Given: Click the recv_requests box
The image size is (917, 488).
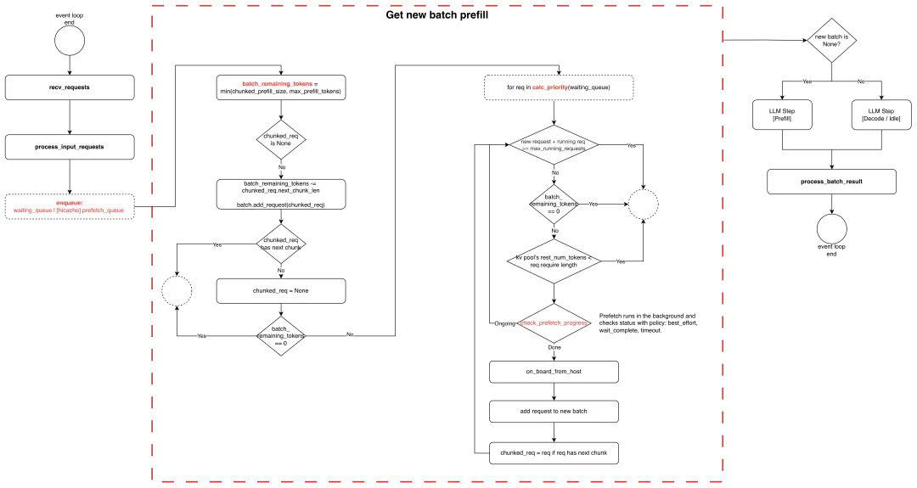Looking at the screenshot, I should pyautogui.click(x=70, y=87).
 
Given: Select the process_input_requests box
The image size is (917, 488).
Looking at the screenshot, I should pyautogui.click(x=70, y=147).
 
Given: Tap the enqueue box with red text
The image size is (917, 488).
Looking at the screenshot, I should pyautogui.click(x=70, y=207).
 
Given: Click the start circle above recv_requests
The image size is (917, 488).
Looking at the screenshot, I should pyautogui.click(x=70, y=40).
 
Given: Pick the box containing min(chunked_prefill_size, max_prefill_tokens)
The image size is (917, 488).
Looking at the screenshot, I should pyautogui.click(x=281, y=88).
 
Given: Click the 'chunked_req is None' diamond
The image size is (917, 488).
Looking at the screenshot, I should pyautogui.click(x=281, y=141).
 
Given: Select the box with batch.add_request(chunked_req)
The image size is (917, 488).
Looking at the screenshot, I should pyautogui.click(x=281, y=194).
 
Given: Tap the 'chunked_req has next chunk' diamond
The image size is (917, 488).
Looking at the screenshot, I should pyautogui.click(x=281, y=244).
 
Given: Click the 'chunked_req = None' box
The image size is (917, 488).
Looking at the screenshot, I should pyautogui.click(x=281, y=291).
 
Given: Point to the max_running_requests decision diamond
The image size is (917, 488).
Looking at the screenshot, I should pyautogui.click(x=554, y=145).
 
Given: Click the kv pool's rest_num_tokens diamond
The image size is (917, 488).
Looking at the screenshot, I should pyautogui.click(x=554, y=262).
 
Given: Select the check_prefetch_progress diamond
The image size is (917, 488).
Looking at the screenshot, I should pyautogui.click(x=554, y=323).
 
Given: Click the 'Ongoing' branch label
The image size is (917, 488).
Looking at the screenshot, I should pyautogui.click(x=503, y=323).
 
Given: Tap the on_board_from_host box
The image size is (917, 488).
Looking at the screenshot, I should pyautogui.click(x=554, y=372).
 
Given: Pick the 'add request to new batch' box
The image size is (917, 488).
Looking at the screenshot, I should pyautogui.click(x=554, y=412).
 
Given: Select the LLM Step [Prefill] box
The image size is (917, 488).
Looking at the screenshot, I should pyautogui.click(x=782, y=115).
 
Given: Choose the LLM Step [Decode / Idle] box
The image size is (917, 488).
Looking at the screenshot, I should pyautogui.click(x=880, y=115).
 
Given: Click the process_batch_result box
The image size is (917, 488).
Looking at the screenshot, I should pyautogui.click(x=831, y=182).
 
